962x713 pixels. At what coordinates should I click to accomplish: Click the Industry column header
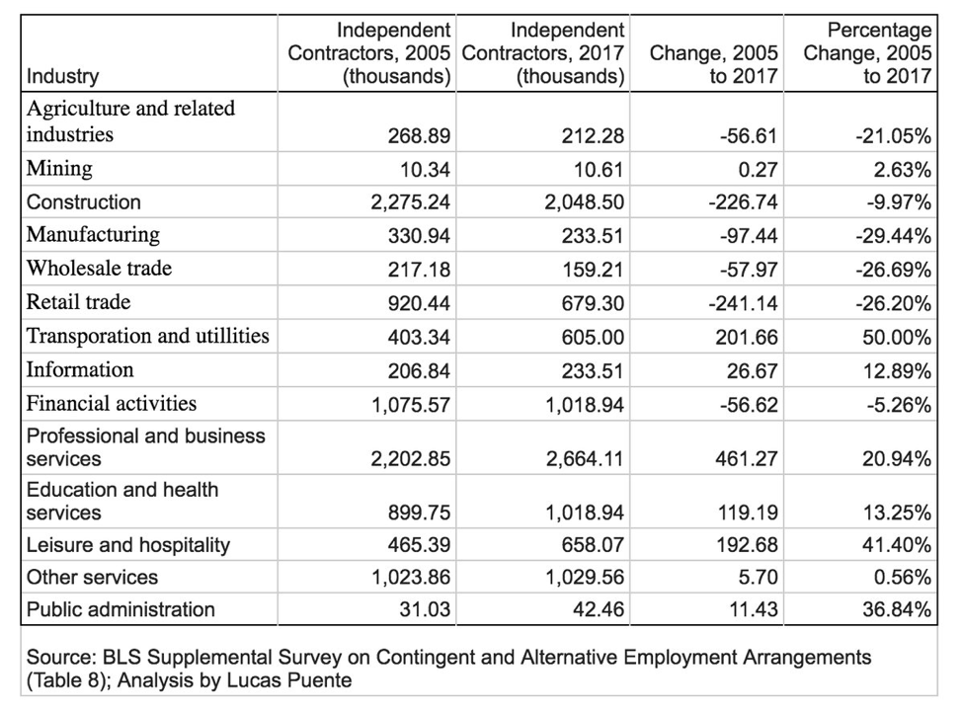pyautogui.click(x=62, y=76)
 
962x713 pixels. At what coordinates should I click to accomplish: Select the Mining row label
pyautogui.click(x=59, y=168)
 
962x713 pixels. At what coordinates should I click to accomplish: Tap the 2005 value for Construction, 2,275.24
pyautogui.click(x=411, y=202)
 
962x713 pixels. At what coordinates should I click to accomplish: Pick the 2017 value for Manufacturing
pyautogui.click(x=593, y=236)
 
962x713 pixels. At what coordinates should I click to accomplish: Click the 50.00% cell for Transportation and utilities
pyautogui.click(x=897, y=338)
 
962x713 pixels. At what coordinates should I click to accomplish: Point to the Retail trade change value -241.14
pyautogui.click(x=743, y=304)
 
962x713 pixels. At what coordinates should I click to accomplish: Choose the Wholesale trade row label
pyautogui.click(x=99, y=269)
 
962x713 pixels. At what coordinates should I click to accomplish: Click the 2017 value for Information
pyautogui.click(x=593, y=371)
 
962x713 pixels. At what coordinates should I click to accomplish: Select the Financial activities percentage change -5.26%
pyautogui.click(x=899, y=405)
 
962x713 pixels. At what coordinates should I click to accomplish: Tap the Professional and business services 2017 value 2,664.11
pyautogui.click(x=586, y=459)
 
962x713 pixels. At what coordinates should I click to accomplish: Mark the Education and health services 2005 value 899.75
pyautogui.click(x=419, y=513)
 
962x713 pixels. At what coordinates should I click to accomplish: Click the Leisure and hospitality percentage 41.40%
pyautogui.click(x=897, y=545)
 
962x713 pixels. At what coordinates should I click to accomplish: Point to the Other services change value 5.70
pyautogui.click(x=759, y=578)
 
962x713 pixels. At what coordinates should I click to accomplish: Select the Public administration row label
pyautogui.click(x=120, y=610)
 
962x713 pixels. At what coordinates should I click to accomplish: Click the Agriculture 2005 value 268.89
pyautogui.click(x=419, y=135)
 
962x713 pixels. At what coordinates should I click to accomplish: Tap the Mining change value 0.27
pyautogui.click(x=758, y=169)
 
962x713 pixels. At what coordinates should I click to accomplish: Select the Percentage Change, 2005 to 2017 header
pyautogui.click(x=867, y=52)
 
